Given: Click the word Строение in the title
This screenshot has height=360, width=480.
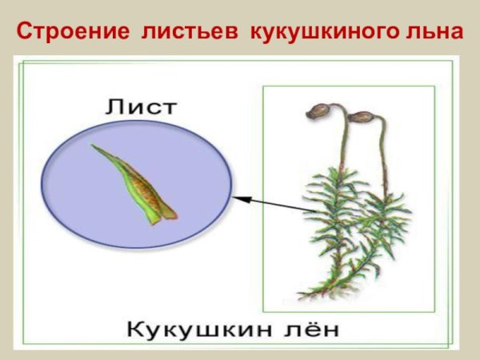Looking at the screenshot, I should [x=72, y=32].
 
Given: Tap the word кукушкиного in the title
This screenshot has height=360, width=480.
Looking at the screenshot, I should [x=320, y=32].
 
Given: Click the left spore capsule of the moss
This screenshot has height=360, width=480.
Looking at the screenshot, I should [x=320, y=109].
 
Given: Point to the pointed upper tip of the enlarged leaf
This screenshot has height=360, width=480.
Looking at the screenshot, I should [x=94, y=147].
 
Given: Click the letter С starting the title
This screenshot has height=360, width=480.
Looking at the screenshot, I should [x=24, y=32].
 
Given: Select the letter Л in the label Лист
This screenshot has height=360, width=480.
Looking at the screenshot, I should [x=114, y=106].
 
